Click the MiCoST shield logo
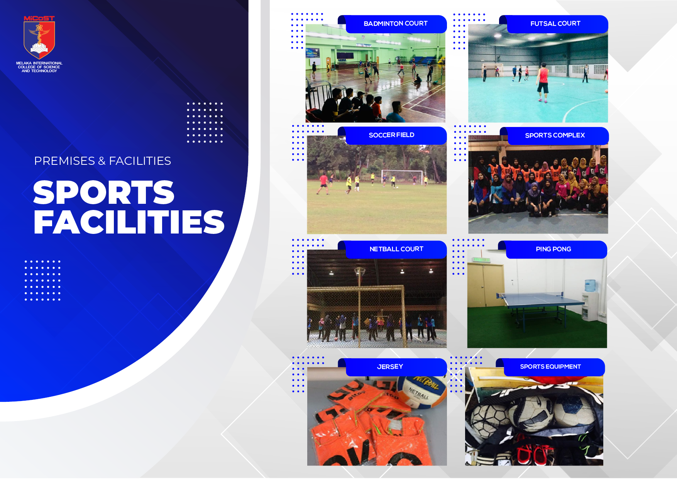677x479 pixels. point(39,37)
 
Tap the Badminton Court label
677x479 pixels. point(396,24)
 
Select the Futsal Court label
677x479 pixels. point(555,24)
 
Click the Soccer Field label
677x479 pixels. point(391,135)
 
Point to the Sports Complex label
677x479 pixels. point(555,135)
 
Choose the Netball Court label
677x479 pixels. point(396,249)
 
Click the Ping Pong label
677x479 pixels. point(553,249)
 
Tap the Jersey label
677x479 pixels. point(390,367)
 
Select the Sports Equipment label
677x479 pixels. point(550,367)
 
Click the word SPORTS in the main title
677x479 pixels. point(104,192)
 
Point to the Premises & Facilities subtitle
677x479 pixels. point(103,161)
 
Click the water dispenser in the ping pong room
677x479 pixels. point(590,300)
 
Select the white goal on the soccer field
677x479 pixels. point(402,176)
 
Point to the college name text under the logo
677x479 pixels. point(39,67)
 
